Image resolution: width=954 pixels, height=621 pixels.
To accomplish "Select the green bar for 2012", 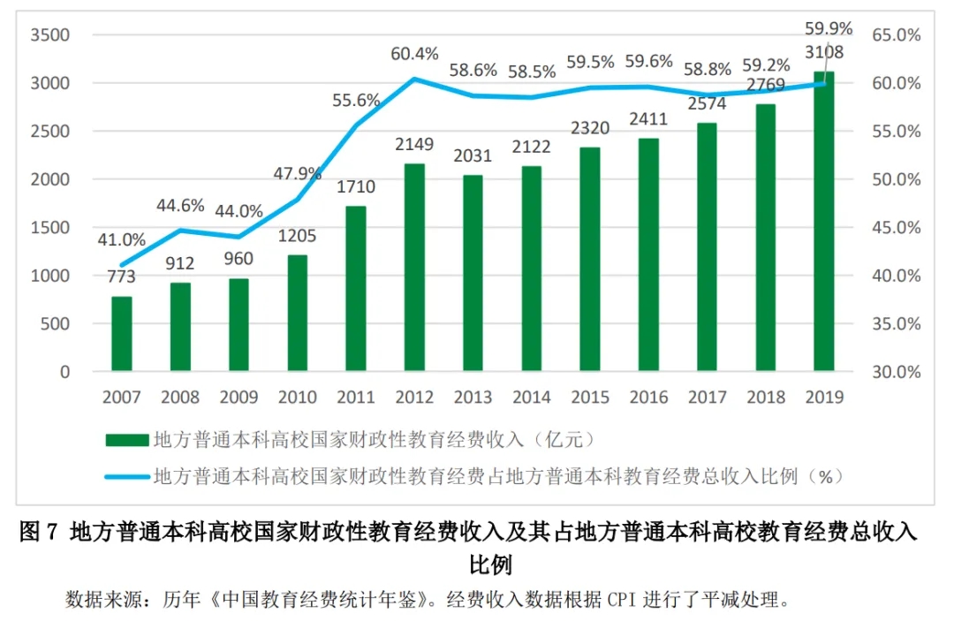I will [x=414, y=266].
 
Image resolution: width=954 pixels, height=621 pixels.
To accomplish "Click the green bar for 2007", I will [x=122, y=333].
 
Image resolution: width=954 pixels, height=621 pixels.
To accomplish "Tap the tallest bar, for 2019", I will [x=823, y=221].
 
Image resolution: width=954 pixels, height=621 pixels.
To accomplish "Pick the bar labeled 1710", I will [x=356, y=287].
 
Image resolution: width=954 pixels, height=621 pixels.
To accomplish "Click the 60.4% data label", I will [x=414, y=54].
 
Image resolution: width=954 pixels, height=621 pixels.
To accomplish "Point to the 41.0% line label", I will [x=122, y=239].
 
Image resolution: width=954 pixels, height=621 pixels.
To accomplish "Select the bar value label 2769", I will [x=765, y=86].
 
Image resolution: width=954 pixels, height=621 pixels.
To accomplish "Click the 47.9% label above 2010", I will [x=297, y=173].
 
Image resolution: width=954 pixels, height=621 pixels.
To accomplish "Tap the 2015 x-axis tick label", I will [x=590, y=398].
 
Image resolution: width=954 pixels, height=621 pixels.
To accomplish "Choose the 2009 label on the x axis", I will [x=238, y=398].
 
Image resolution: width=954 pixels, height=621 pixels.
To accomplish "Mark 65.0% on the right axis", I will [x=897, y=35].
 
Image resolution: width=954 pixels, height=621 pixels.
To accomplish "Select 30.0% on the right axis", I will [x=897, y=372].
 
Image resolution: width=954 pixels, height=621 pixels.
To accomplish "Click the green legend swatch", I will [x=126, y=439].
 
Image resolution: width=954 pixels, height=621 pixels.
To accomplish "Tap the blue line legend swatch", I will [x=126, y=477].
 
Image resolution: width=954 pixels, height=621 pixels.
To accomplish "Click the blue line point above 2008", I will [x=180, y=231].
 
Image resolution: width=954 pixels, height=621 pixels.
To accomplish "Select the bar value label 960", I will [x=238, y=259].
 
